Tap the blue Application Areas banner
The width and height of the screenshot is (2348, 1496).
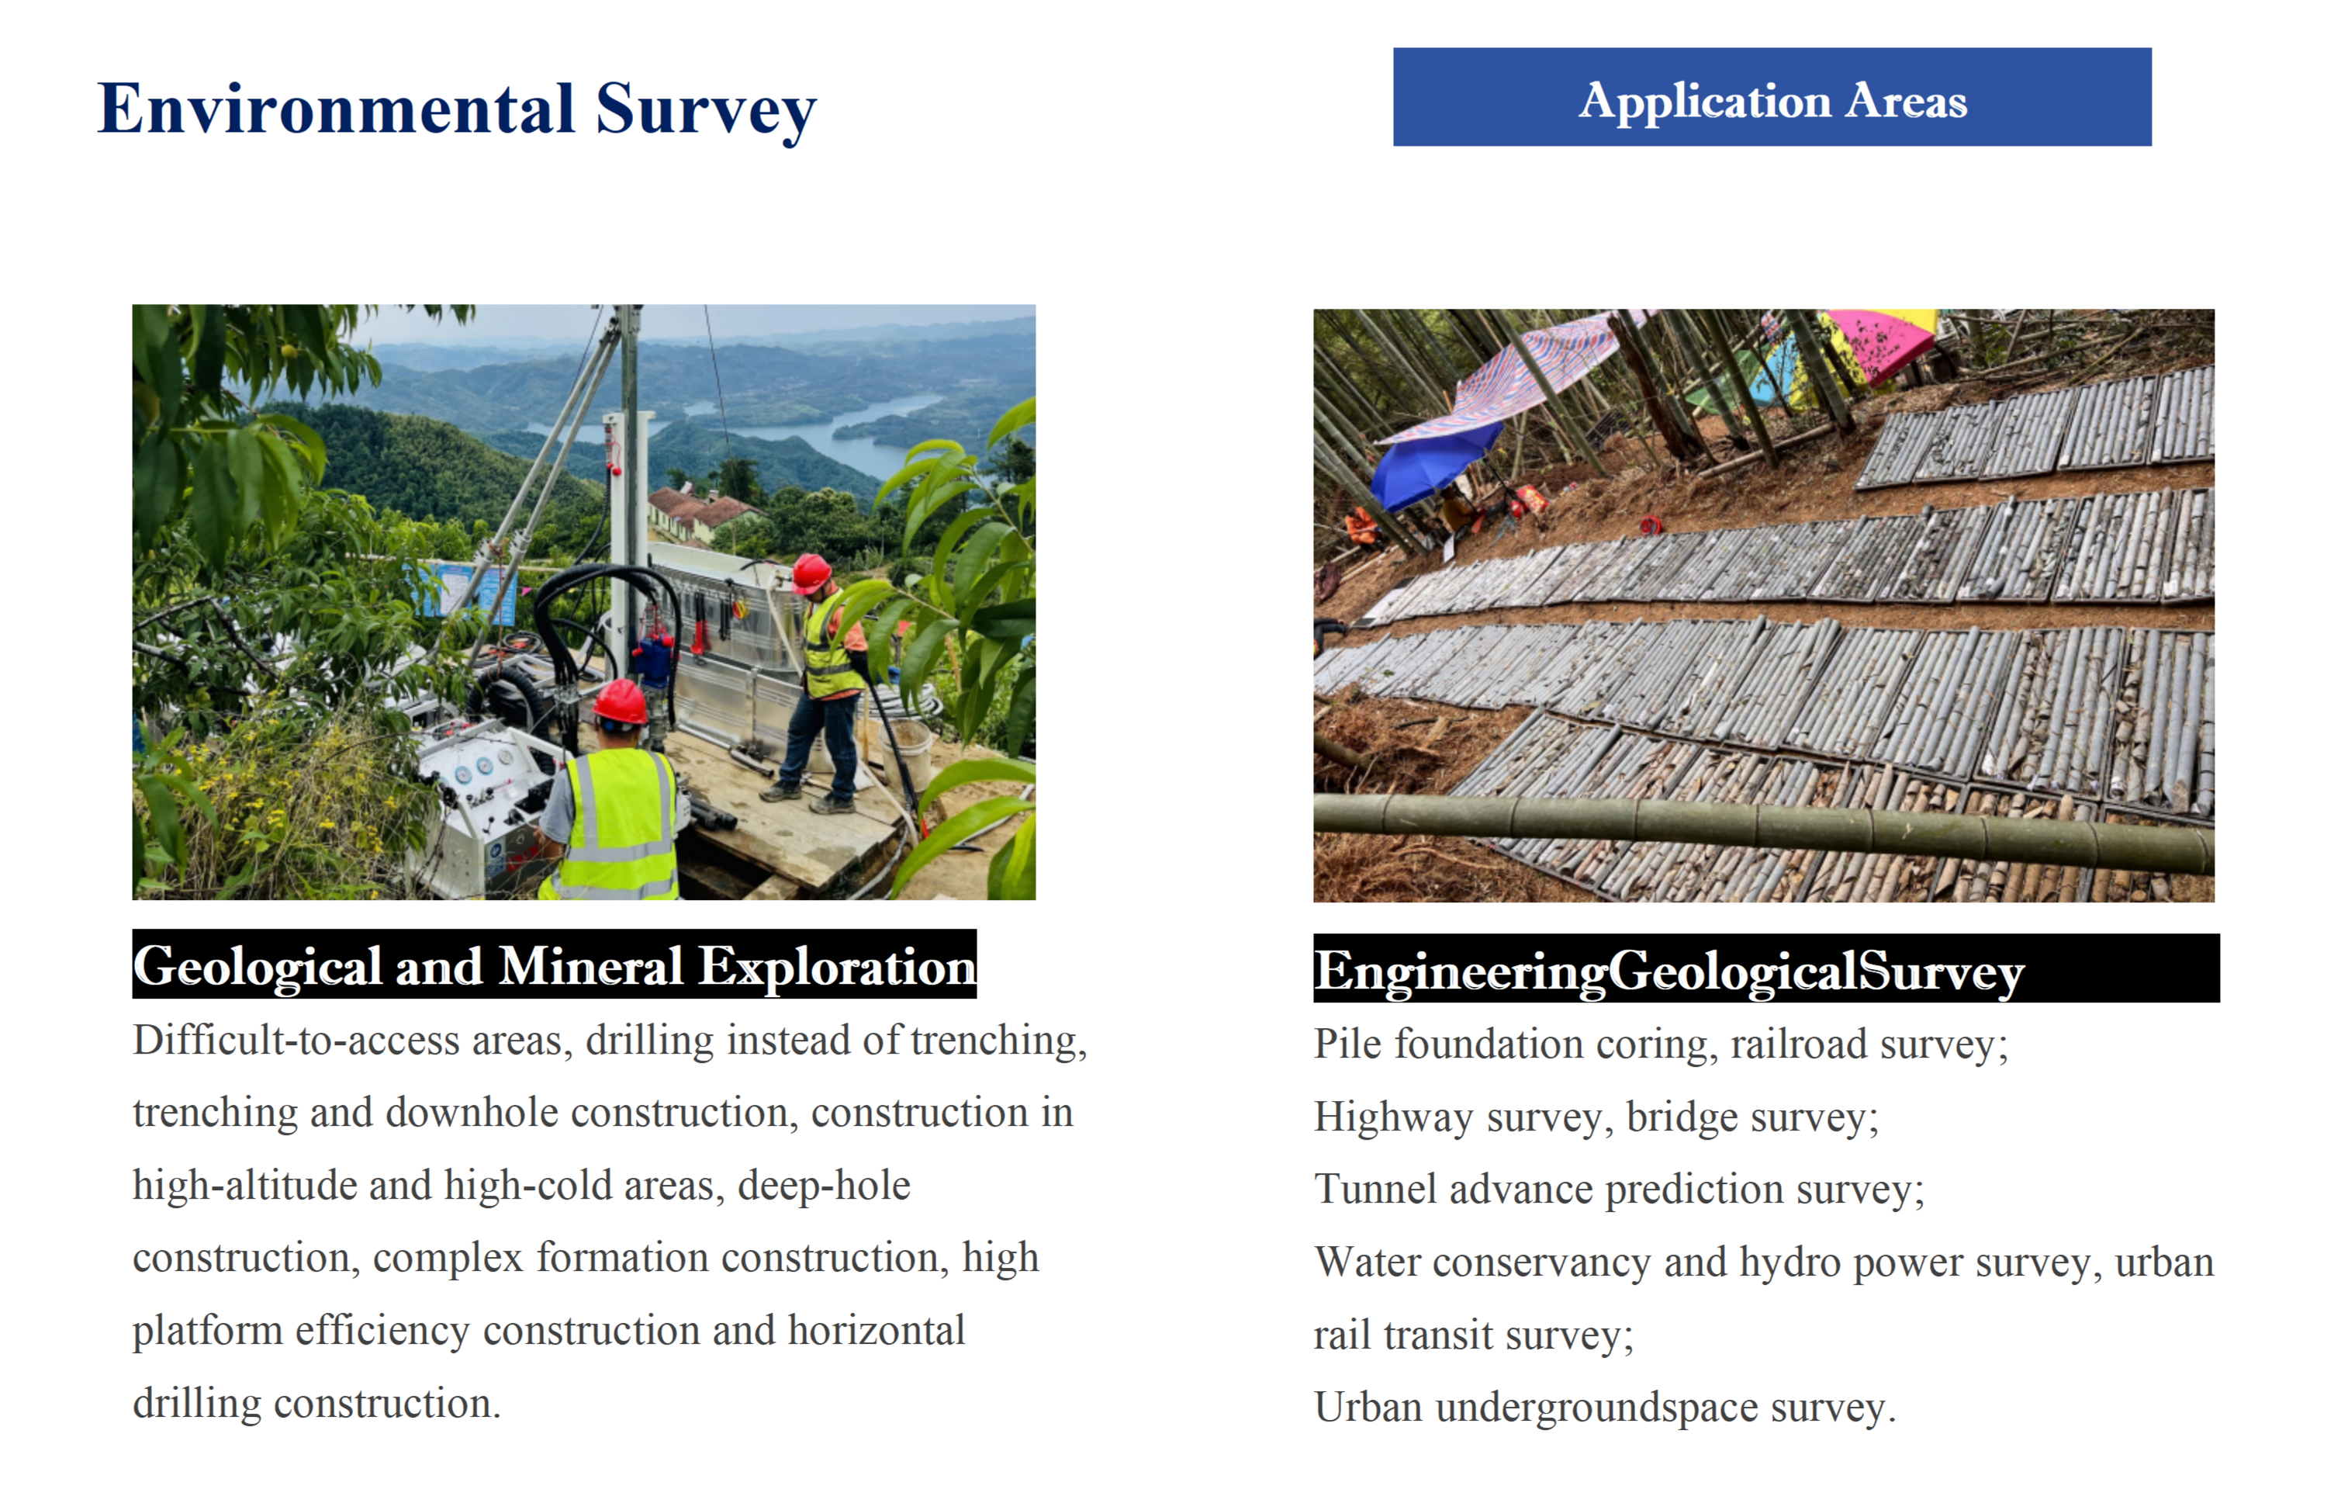1772,98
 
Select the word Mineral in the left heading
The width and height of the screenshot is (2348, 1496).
591,967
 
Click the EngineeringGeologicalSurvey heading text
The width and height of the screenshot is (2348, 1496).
1668,971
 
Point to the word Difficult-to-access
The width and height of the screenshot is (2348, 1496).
296,1041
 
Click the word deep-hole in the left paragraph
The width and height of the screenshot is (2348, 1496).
824,1186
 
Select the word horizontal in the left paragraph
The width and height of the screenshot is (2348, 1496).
877,1330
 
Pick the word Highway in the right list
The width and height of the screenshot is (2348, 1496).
1393,1117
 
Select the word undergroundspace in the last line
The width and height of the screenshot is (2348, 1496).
1597,1408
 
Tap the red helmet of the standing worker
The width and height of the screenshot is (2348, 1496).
811,573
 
